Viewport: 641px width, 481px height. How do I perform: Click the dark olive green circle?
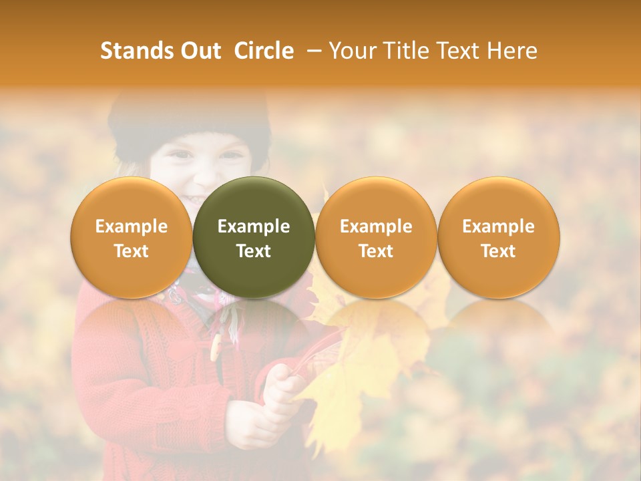[x=254, y=237]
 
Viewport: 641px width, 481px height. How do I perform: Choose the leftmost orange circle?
[x=131, y=237]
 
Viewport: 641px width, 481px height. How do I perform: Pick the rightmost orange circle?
[x=498, y=237]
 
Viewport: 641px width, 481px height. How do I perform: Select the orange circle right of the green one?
[x=376, y=237]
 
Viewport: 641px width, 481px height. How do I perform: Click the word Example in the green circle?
[x=254, y=226]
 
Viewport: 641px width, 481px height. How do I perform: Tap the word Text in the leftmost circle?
[x=131, y=251]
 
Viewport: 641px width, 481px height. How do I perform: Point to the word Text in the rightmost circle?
[x=498, y=251]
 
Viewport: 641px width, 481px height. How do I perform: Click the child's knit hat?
[x=190, y=120]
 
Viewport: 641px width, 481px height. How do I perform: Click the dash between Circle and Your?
[x=312, y=51]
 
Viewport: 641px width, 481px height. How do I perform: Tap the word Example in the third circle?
[x=376, y=226]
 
